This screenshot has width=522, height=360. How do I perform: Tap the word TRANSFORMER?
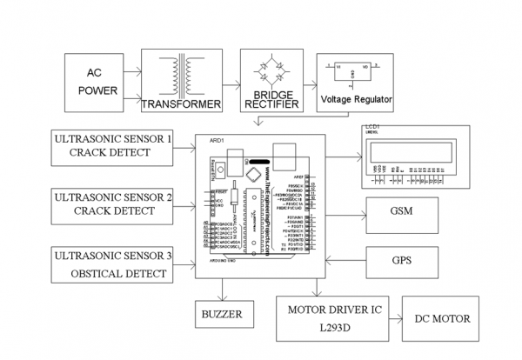(182, 104)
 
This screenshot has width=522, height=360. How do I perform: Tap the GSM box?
(401, 212)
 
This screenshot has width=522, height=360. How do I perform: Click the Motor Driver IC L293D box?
(331, 318)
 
